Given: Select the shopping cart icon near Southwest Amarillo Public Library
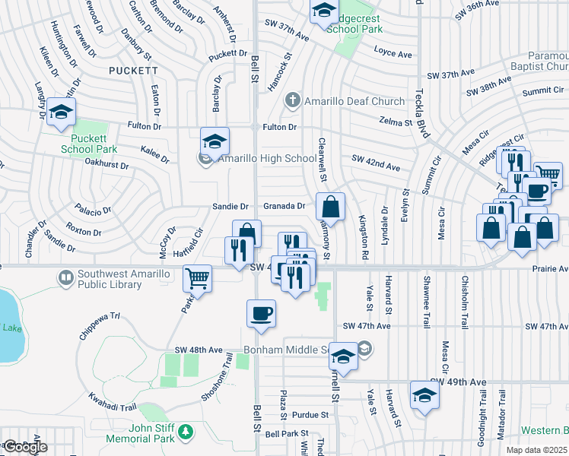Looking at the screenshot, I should (x=198, y=278).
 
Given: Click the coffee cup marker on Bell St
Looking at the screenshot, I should (x=261, y=314).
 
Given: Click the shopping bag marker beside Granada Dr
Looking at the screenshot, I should (x=331, y=207).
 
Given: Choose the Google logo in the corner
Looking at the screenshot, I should (x=25, y=447).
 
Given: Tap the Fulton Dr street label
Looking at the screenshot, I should (x=279, y=127).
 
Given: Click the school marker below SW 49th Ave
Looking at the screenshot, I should (x=424, y=394).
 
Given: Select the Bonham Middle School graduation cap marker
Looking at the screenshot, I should (x=343, y=359).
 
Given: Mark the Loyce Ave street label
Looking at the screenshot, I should (x=393, y=54).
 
